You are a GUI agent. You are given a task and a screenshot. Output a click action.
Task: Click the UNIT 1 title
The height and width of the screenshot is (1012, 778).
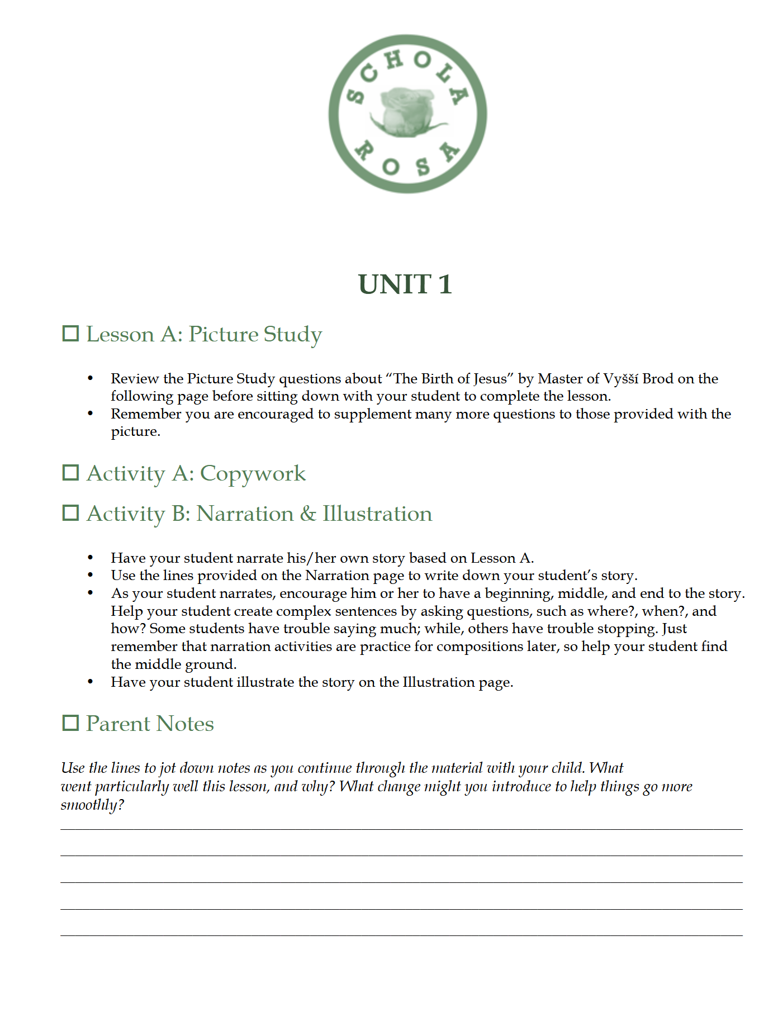coord(405,284)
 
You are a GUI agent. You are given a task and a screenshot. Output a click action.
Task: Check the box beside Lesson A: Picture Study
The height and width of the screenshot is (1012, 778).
coord(70,334)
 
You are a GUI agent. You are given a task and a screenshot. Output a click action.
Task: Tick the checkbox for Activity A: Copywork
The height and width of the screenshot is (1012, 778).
coord(70,473)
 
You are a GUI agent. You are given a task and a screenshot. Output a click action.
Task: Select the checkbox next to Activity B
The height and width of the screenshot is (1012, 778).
coord(70,513)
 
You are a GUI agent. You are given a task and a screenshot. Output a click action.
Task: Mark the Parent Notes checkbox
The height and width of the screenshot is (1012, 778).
coord(70,723)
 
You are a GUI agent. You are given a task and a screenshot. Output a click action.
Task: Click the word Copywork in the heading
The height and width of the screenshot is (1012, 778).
coord(253,474)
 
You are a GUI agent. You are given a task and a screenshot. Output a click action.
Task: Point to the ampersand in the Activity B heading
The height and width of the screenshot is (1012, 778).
coord(308,514)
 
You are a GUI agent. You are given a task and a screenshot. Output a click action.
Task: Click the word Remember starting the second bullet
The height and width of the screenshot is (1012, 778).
coord(146,414)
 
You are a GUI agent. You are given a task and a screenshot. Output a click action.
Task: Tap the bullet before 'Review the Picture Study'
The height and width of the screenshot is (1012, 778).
coord(91,379)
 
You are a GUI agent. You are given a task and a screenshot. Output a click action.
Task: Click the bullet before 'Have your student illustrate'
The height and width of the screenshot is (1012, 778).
coord(91,682)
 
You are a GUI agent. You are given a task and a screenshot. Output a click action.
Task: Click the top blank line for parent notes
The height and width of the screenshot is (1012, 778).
coord(401,829)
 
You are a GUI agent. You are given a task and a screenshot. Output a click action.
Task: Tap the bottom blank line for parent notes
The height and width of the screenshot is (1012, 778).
coord(401,935)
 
